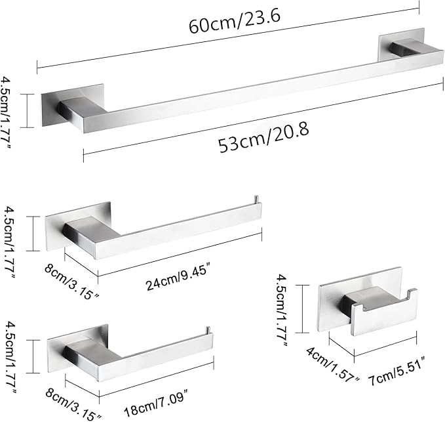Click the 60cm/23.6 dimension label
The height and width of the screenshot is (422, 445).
(x=235, y=20)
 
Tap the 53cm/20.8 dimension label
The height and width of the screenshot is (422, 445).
(x=264, y=137)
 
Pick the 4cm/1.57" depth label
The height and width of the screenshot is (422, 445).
(x=333, y=365)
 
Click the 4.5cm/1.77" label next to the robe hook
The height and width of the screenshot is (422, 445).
(x=283, y=310)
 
